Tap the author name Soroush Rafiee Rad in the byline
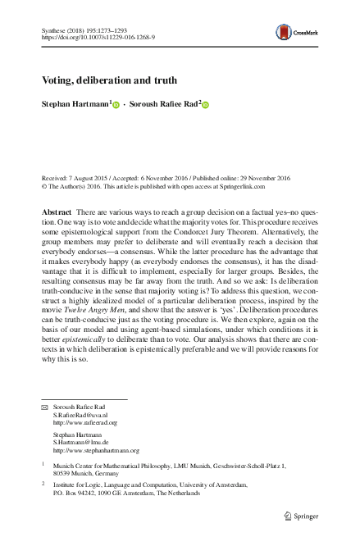click(164, 104)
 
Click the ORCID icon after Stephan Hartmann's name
click(116, 105)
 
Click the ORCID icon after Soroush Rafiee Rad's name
click(206, 105)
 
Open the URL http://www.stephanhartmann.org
click(96, 450)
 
